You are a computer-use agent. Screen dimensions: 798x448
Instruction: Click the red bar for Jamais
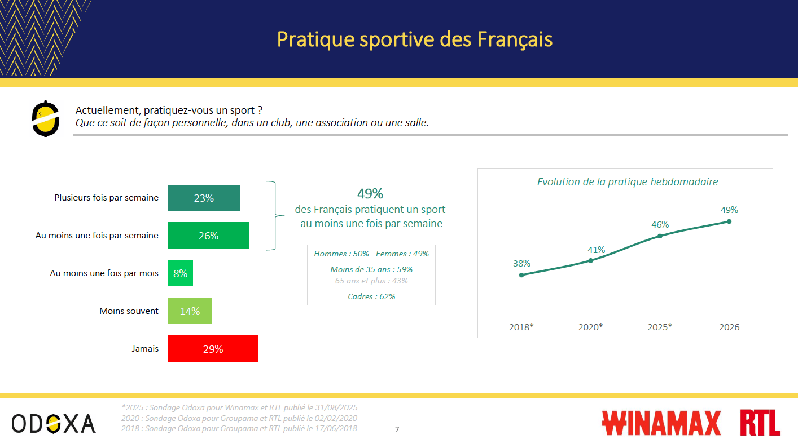[213, 348]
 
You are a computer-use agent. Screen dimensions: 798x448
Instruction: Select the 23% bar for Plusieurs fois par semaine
[203, 198]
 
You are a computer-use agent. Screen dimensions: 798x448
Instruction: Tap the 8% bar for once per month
[180, 273]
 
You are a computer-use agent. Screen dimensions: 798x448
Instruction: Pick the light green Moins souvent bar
[190, 311]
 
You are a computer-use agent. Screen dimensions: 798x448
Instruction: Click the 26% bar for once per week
[208, 235]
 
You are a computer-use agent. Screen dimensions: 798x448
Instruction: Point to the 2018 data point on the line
[521, 275]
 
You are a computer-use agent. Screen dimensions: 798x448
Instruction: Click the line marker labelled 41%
[591, 260]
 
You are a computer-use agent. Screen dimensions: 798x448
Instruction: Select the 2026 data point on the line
[729, 221]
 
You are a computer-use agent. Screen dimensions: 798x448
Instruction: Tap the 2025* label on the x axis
[660, 327]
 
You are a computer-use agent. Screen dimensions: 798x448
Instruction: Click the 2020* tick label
[591, 327]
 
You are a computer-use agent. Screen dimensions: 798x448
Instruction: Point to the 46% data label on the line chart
[660, 224]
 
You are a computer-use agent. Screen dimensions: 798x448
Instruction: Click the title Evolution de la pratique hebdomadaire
[628, 182]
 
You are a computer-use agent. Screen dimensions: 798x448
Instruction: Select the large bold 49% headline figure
[370, 194]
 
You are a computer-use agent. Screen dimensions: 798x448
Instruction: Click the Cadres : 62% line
[371, 296]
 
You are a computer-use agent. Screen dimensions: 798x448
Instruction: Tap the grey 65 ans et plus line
[371, 281]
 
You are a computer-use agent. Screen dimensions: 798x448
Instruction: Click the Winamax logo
[661, 423]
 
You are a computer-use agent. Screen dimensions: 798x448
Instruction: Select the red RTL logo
[760, 423]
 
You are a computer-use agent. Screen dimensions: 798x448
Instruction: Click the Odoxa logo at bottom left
[54, 423]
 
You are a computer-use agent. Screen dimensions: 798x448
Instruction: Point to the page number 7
[397, 429]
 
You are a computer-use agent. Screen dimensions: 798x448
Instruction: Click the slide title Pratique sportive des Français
[415, 39]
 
